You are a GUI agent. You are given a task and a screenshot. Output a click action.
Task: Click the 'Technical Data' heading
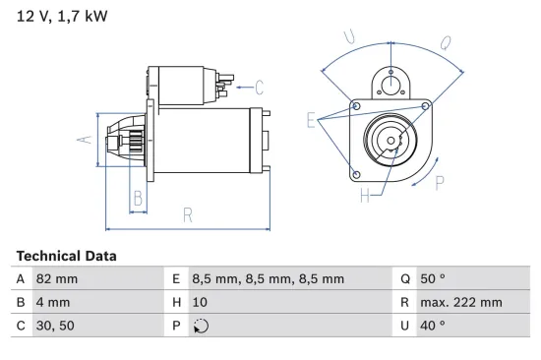click(x=66, y=256)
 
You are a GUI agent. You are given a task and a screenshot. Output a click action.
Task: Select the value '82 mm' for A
click(x=56, y=278)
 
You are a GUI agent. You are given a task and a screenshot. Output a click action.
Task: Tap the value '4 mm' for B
click(x=52, y=302)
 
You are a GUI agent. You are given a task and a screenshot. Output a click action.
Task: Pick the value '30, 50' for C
click(x=54, y=326)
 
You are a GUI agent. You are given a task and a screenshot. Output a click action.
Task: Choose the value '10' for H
click(x=201, y=302)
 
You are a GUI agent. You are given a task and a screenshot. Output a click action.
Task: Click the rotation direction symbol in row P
click(x=203, y=326)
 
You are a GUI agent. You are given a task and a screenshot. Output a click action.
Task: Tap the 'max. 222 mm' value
click(x=462, y=302)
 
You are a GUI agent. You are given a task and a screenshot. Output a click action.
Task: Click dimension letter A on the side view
click(x=85, y=141)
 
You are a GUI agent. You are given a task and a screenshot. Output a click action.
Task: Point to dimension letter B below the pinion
click(x=138, y=199)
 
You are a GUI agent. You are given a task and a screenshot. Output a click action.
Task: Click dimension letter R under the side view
click(x=187, y=215)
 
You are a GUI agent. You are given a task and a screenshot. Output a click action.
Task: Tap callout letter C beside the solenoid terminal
click(x=259, y=86)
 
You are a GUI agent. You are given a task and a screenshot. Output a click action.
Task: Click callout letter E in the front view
click(x=311, y=121)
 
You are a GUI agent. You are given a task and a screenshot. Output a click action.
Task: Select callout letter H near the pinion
click(x=363, y=197)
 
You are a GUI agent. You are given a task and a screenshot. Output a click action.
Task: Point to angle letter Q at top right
click(x=446, y=43)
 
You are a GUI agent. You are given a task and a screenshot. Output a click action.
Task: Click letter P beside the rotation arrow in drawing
click(x=440, y=181)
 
